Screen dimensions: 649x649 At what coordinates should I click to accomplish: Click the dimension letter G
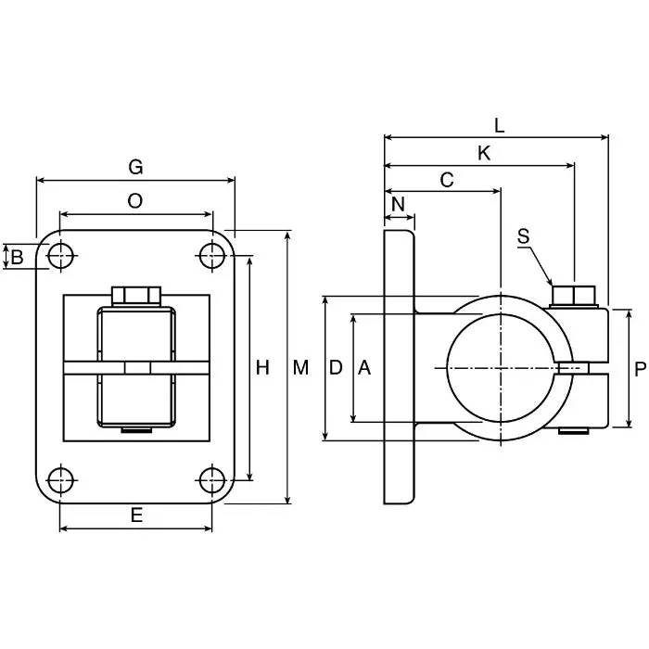pos(135,167)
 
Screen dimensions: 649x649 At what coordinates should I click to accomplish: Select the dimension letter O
pos(135,201)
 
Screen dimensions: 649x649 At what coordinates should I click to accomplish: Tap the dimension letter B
pos(17,257)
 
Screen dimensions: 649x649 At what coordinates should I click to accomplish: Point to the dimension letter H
pos(262,368)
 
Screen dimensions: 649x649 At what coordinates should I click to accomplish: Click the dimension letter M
pos(300,368)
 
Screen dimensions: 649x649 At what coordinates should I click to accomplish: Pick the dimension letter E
pos(136,516)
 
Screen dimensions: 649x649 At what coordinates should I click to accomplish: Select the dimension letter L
pos(499,124)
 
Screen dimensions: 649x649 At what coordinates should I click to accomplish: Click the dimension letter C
pos(447,180)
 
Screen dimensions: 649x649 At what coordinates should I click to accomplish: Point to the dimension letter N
pos(399,204)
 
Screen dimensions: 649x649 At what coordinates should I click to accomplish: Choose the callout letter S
pos(524,236)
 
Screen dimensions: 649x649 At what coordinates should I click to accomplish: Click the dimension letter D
pos(337,368)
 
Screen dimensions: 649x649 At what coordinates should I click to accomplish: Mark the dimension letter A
pos(364,368)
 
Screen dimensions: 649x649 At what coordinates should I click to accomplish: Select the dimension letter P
pos(640,368)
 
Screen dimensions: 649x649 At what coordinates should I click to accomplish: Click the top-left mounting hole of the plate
pos(60,255)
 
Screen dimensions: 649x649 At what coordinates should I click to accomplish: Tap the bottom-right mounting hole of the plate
pos(212,480)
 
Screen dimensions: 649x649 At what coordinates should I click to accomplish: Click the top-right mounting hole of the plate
pos(212,255)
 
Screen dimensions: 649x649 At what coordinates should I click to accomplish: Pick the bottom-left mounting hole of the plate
pos(60,480)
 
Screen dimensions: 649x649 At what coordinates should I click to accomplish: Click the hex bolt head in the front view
pos(136,296)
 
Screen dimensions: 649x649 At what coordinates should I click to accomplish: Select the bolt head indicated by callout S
pos(573,296)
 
